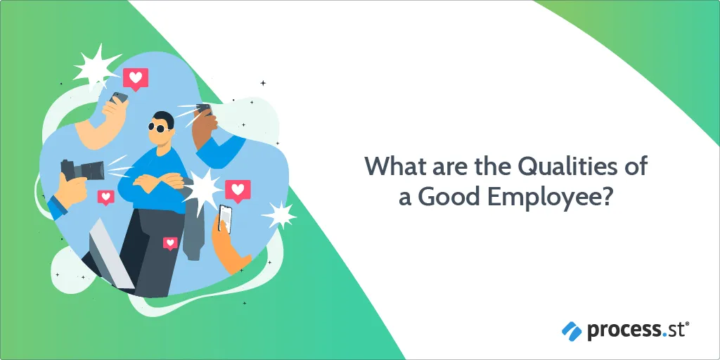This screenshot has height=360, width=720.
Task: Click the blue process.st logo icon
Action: (x=571, y=331)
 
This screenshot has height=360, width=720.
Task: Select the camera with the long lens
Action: (x=83, y=170)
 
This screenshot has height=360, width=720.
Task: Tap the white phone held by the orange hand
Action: (x=224, y=219)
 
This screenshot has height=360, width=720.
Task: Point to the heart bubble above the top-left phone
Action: (x=136, y=79)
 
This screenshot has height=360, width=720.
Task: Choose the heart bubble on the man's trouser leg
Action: (x=170, y=243)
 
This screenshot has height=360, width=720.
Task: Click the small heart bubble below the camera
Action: (x=105, y=198)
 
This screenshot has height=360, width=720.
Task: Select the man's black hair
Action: (x=165, y=119)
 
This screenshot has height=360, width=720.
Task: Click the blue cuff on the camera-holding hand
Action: (x=57, y=207)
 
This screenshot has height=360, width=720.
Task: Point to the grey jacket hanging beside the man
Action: (x=193, y=225)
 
